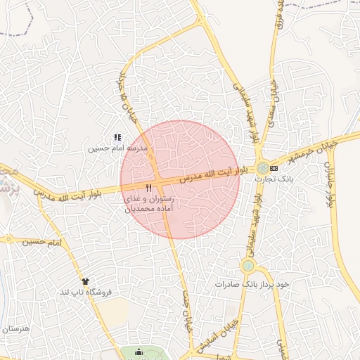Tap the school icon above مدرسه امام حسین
tap(117, 139)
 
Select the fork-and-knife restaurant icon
tap(148, 188)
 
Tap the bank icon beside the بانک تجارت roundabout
tap(274, 168)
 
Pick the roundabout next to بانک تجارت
tap(262, 167)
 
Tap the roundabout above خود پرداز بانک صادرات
tap(247, 266)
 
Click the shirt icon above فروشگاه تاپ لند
tap(86, 281)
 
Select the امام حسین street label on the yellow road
tap(41, 241)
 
